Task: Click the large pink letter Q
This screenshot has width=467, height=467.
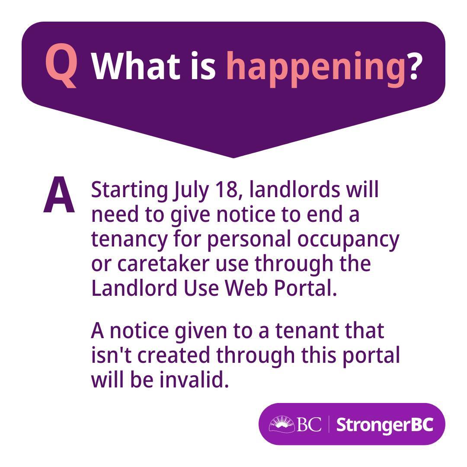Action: click(x=62, y=66)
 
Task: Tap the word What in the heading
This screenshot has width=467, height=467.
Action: click(x=136, y=66)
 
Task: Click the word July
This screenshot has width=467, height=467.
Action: click(x=191, y=191)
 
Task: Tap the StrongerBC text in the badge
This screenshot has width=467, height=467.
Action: click(x=384, y=425)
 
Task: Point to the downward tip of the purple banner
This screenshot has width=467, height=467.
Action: click(x=233, y=157)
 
